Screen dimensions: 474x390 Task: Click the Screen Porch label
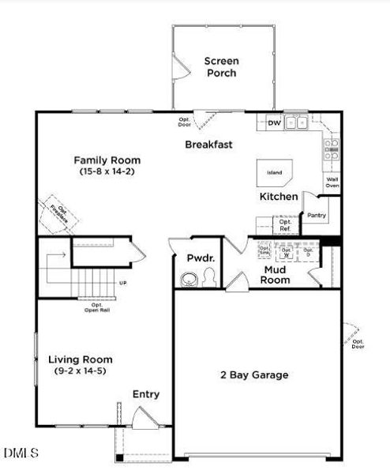point(221,67)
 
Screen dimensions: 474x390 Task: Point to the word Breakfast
point(208,145)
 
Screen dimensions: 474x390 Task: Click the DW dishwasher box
point(274,123)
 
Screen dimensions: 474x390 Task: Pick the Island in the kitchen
point(274,172)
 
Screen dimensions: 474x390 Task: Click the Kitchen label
point(279,197)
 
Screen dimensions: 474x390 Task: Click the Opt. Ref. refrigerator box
point(285,226)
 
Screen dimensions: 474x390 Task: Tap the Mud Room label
point(276,274)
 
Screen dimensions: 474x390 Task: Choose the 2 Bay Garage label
point(253,374)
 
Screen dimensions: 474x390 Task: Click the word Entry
point(146,394)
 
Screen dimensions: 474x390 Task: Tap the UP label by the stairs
point(122,282)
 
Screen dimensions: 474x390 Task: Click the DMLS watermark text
point(21,453)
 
